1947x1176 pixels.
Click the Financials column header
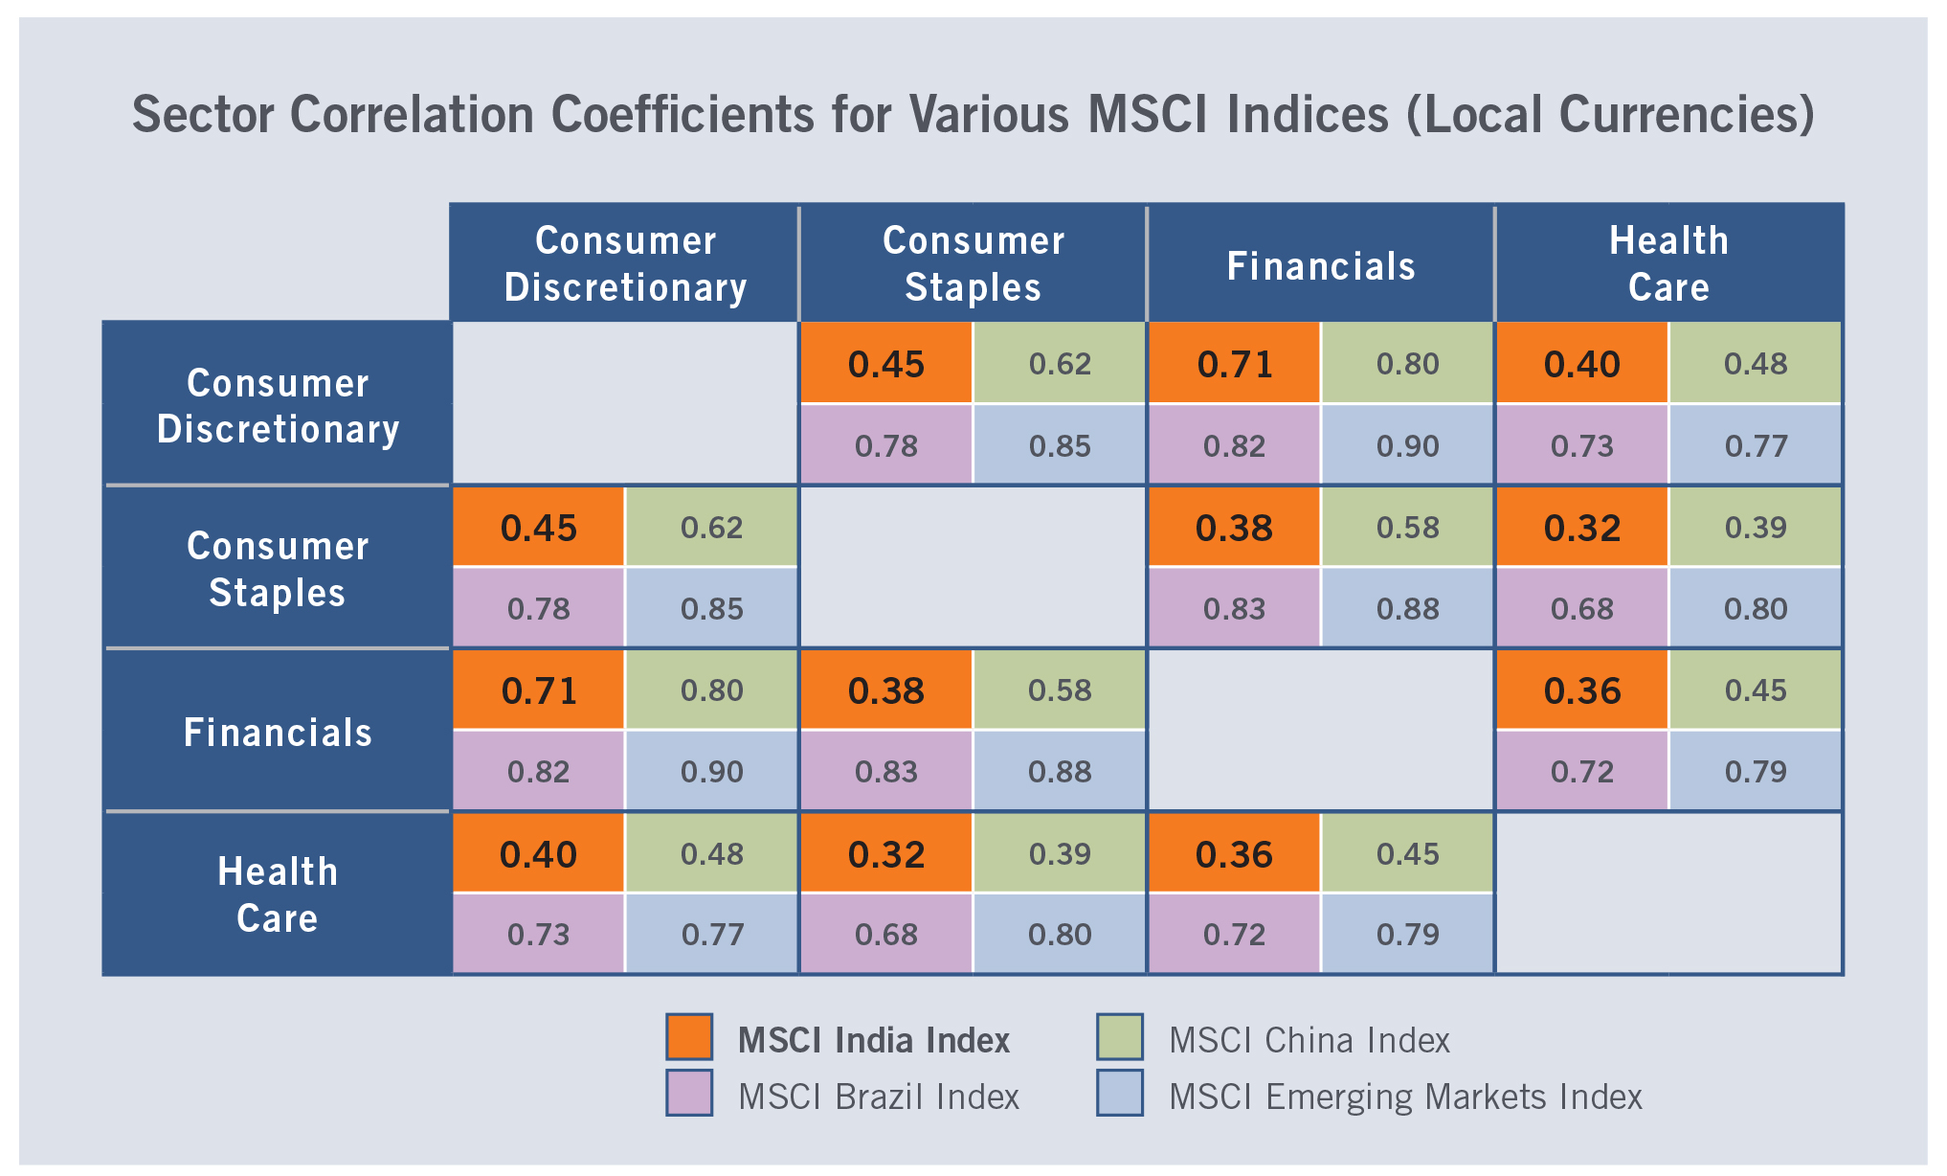(x=1321, y=265)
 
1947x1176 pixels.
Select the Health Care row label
(x=278, y=894)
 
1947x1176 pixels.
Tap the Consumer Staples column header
(x=973, y=263)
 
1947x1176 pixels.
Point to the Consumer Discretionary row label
(x=278, y=405)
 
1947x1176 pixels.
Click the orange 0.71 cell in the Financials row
(x=539, y=690)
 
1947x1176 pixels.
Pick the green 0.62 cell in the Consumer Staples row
(x=711, y=528)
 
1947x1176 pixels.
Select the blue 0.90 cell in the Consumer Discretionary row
(x=1407, y=445)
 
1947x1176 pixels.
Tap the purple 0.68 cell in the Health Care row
(x=885, y=934)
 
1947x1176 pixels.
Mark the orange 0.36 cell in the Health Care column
(x=1581, y=690)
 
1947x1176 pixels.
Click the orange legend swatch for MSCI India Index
(x=689, y=1037)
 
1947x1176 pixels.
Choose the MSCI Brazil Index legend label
(x=878, y=1097)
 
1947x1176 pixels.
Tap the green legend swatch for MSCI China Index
(x=1120, y=1037)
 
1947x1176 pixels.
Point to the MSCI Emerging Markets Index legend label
(x=1405, y=1097)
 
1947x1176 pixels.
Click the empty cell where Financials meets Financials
(x=1321, y=731)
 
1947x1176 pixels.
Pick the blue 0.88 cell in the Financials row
(x=1060, y=771)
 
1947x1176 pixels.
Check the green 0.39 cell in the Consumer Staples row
(x=1756, y=528)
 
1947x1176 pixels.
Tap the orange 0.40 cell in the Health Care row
(x=539, y=853)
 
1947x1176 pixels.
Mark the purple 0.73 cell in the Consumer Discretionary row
(x=1581, y=445)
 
